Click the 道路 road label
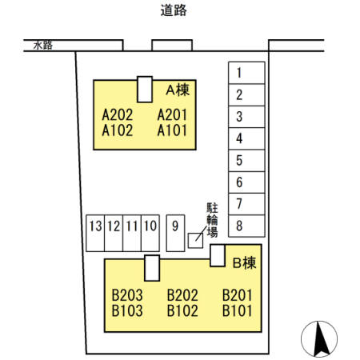(x=174, y=10)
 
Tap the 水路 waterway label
(x=43, y=46)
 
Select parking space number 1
(x=246, y=73)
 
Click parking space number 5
(x=246, y=161)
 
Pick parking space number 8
(x=246, y=226)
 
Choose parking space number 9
(x=175, y=233)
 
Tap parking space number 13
(x=95, y=233)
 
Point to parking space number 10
(x=150, y=233)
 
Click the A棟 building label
(x=178, y=90)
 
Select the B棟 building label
(x=244, y=262)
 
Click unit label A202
(x=118, y=115)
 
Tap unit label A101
(x=172, y=130)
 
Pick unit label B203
(x=127, y=295)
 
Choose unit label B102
(x=182, y=310)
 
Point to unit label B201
(x=238, y=295)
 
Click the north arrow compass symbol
(x=319, y=339)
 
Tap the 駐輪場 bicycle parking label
(x=212, y=220)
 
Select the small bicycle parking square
(x=195, y=241)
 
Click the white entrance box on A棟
(x=145, y=90)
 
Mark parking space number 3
(x=246, y=117)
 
